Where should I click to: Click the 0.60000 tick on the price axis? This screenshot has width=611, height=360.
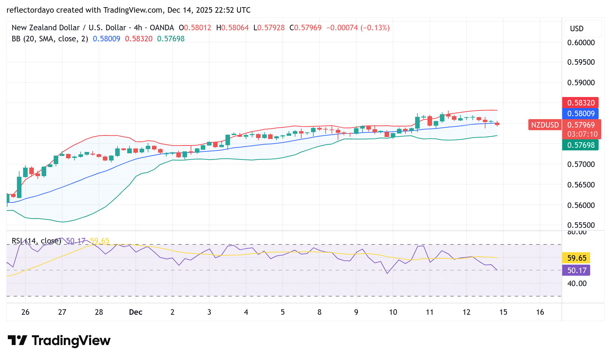click(581, 43)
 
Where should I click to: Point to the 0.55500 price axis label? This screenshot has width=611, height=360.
click(581, 225)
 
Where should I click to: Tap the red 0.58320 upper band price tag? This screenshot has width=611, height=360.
click(580, 103)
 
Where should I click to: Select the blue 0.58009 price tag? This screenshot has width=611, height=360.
click(580, 114)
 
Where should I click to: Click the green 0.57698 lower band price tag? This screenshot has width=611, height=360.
click(580, 145)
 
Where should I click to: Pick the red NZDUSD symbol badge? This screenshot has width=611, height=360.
click(545, 125)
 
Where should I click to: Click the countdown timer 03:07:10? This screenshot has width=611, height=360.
click(582, 134)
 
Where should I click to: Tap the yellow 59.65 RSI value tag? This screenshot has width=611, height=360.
click(577, 258)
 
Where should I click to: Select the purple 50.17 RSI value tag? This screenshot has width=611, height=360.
click(577, 270)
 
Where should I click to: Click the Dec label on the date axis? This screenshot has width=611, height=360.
click(136, 312)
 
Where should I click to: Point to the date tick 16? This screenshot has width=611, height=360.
click(540, 312)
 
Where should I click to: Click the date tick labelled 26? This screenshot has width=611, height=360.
click(25, 312)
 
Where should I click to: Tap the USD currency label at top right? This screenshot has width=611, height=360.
click(577, 29)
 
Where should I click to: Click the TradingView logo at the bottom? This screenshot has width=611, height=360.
click(59, 341)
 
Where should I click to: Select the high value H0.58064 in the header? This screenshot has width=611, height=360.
click(232, 28)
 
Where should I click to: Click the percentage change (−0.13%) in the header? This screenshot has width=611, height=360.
click(375, 28)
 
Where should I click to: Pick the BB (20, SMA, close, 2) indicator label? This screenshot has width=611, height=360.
click(50, 39)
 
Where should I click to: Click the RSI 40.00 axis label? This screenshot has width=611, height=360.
click(577, 284)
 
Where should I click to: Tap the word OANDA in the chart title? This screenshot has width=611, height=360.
click(162, 28)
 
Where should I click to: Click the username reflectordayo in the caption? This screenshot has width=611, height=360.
click(30, 10)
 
